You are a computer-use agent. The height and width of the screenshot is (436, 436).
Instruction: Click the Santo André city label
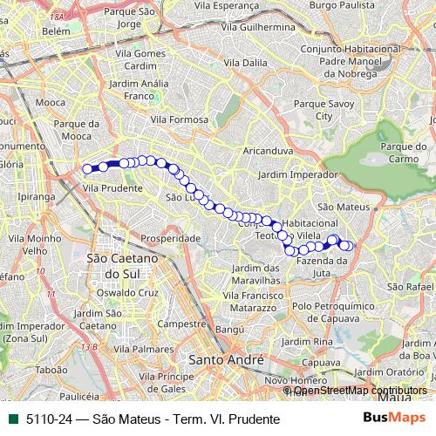tap(226, 359)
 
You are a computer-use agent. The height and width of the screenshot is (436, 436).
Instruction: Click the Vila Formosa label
tap(179, 119)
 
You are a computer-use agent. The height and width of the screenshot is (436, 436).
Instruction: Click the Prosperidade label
tap(171, 237)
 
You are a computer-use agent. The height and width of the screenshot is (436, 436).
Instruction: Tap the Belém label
tap(55, 31)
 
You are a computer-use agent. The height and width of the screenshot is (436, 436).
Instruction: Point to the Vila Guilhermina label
tap(255, 27)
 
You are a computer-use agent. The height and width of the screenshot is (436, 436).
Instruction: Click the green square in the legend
tap(12, 419)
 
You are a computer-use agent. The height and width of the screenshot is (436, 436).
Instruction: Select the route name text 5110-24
tap(51, 419)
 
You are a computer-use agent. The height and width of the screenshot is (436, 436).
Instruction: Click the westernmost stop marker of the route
tap(86, 169)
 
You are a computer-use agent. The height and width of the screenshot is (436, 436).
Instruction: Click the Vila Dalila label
tap(245, 64)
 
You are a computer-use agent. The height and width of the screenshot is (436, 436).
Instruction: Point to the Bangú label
tap(230, 330)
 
